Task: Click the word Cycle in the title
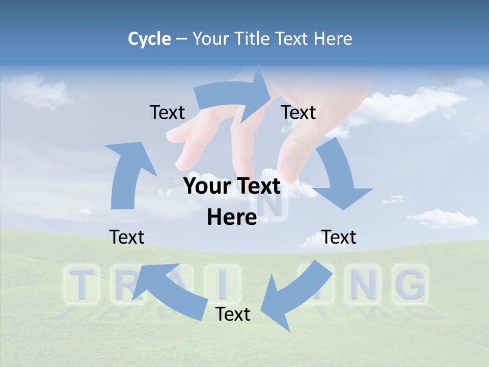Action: tap(149, 39)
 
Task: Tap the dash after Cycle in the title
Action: tap(181, 39)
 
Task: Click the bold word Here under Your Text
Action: tap(232, 217)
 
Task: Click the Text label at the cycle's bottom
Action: tap(233, 314)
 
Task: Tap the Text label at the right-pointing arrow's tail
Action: tap(167, 112)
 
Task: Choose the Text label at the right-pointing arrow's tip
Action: tap(298, 112)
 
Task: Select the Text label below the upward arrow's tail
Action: tap(127, 237)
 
